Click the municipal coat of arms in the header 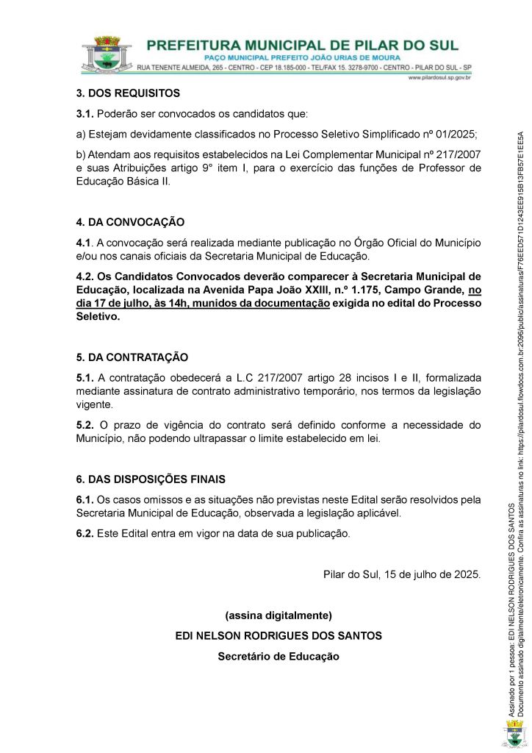point(108,54)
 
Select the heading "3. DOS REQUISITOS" point(128,93)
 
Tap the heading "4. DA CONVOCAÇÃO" point(130,222)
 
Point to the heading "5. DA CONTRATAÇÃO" point(132,357)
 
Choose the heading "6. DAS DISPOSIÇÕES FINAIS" point(151,458)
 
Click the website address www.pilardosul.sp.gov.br point(439,77)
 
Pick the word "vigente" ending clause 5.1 point(95,404)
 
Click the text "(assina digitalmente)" point(278,615)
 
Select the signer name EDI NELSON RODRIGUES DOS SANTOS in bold point(278,635)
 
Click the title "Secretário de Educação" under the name point(278,656)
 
